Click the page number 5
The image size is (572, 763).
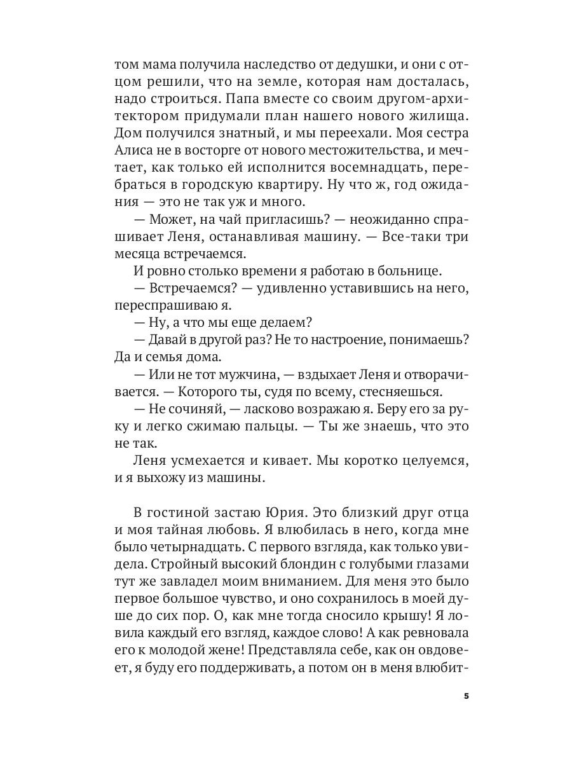466,696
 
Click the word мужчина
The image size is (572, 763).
242,375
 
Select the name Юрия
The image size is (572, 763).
299,513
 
